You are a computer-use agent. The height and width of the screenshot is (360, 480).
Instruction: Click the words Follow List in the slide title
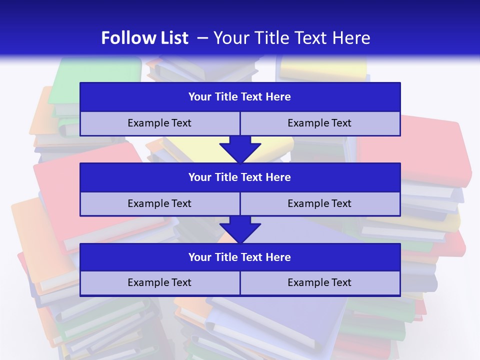pos(144,38)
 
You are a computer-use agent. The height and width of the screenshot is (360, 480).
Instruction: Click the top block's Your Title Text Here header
pos(239,97)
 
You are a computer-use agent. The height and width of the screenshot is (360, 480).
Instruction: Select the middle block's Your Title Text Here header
pos(239,177)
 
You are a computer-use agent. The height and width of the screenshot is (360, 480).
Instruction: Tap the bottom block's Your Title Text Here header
pos(239,257)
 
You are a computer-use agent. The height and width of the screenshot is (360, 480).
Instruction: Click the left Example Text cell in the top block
pos(159,123)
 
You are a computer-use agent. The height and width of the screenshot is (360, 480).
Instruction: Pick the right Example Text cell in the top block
pos(319,123)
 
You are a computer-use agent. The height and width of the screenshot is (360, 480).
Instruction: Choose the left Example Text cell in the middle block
pos(159,203)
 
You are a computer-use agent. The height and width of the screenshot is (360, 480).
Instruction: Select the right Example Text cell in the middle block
pos(319,203)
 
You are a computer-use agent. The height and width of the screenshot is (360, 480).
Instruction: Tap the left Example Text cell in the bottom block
pos(159,282)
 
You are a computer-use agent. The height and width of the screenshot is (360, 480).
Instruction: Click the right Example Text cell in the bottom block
pos(319,282)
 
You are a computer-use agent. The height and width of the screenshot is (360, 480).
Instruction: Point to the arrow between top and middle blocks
pos(240,149)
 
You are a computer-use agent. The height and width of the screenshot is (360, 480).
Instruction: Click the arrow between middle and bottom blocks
pos(240,229)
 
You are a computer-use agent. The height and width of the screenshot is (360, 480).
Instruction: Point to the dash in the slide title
pos(202,38)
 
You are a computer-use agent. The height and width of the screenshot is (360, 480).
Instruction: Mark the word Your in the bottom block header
pos(199,257)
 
